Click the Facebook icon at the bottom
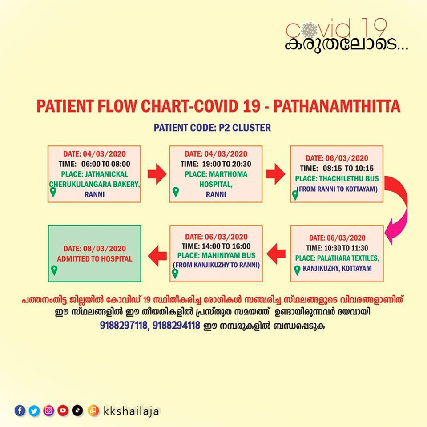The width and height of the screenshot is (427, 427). click(x=20, y=411)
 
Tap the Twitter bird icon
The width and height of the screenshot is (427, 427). click(x=34, y=411)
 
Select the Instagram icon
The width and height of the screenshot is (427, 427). click(x=49, y=411)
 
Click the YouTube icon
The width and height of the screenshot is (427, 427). click(x=63, y=411)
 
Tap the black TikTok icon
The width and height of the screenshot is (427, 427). click(x=77, y=411)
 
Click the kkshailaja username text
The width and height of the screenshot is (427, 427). click(x=131, y=411)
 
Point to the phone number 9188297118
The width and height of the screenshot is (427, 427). click(x=123, y=326)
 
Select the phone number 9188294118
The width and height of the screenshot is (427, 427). click(x=176, y=326)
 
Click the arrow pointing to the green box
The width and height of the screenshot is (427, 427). click(x=157, y=255)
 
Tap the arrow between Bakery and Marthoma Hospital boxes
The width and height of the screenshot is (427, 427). click(x=157, y=174)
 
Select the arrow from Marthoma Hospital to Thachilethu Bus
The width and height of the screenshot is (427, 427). click(x=276, y=174)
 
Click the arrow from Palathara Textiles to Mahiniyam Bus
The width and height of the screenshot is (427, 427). click(x=276, y=254)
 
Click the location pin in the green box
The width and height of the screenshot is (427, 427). click(x=54, y=270)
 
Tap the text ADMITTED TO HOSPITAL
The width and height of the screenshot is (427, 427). click(x=94, y=259)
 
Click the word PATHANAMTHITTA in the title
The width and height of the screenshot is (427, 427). click(x=337, y=106)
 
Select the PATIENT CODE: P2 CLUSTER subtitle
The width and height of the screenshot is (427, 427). click(x=212, y=128)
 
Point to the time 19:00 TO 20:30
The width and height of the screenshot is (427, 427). click(x=226, y=164)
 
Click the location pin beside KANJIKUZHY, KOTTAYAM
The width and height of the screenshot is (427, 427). click(x=297, y=270)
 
